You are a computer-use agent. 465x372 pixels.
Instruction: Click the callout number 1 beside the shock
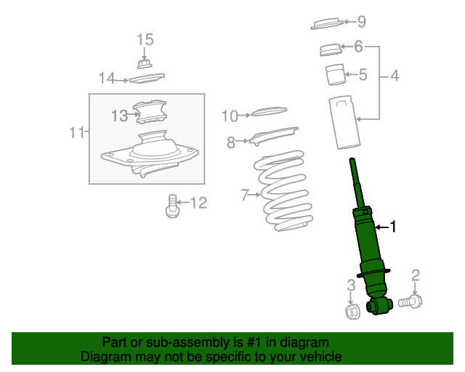(393, 227)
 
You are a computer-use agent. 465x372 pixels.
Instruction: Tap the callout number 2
(416, 275)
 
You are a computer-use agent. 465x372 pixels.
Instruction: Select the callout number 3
(351, 286)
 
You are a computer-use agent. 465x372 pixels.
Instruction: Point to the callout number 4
(395, 75)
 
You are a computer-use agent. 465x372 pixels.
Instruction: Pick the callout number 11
(75, 132)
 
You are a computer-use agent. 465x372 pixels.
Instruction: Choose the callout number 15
(145, 39)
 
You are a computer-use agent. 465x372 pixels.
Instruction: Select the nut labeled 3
(351, 312)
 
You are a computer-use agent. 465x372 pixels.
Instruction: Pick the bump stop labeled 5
(334, 75)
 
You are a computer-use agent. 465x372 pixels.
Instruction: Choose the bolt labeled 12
(172, 206)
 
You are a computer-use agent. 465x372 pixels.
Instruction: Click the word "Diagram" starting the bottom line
(104, 357)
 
